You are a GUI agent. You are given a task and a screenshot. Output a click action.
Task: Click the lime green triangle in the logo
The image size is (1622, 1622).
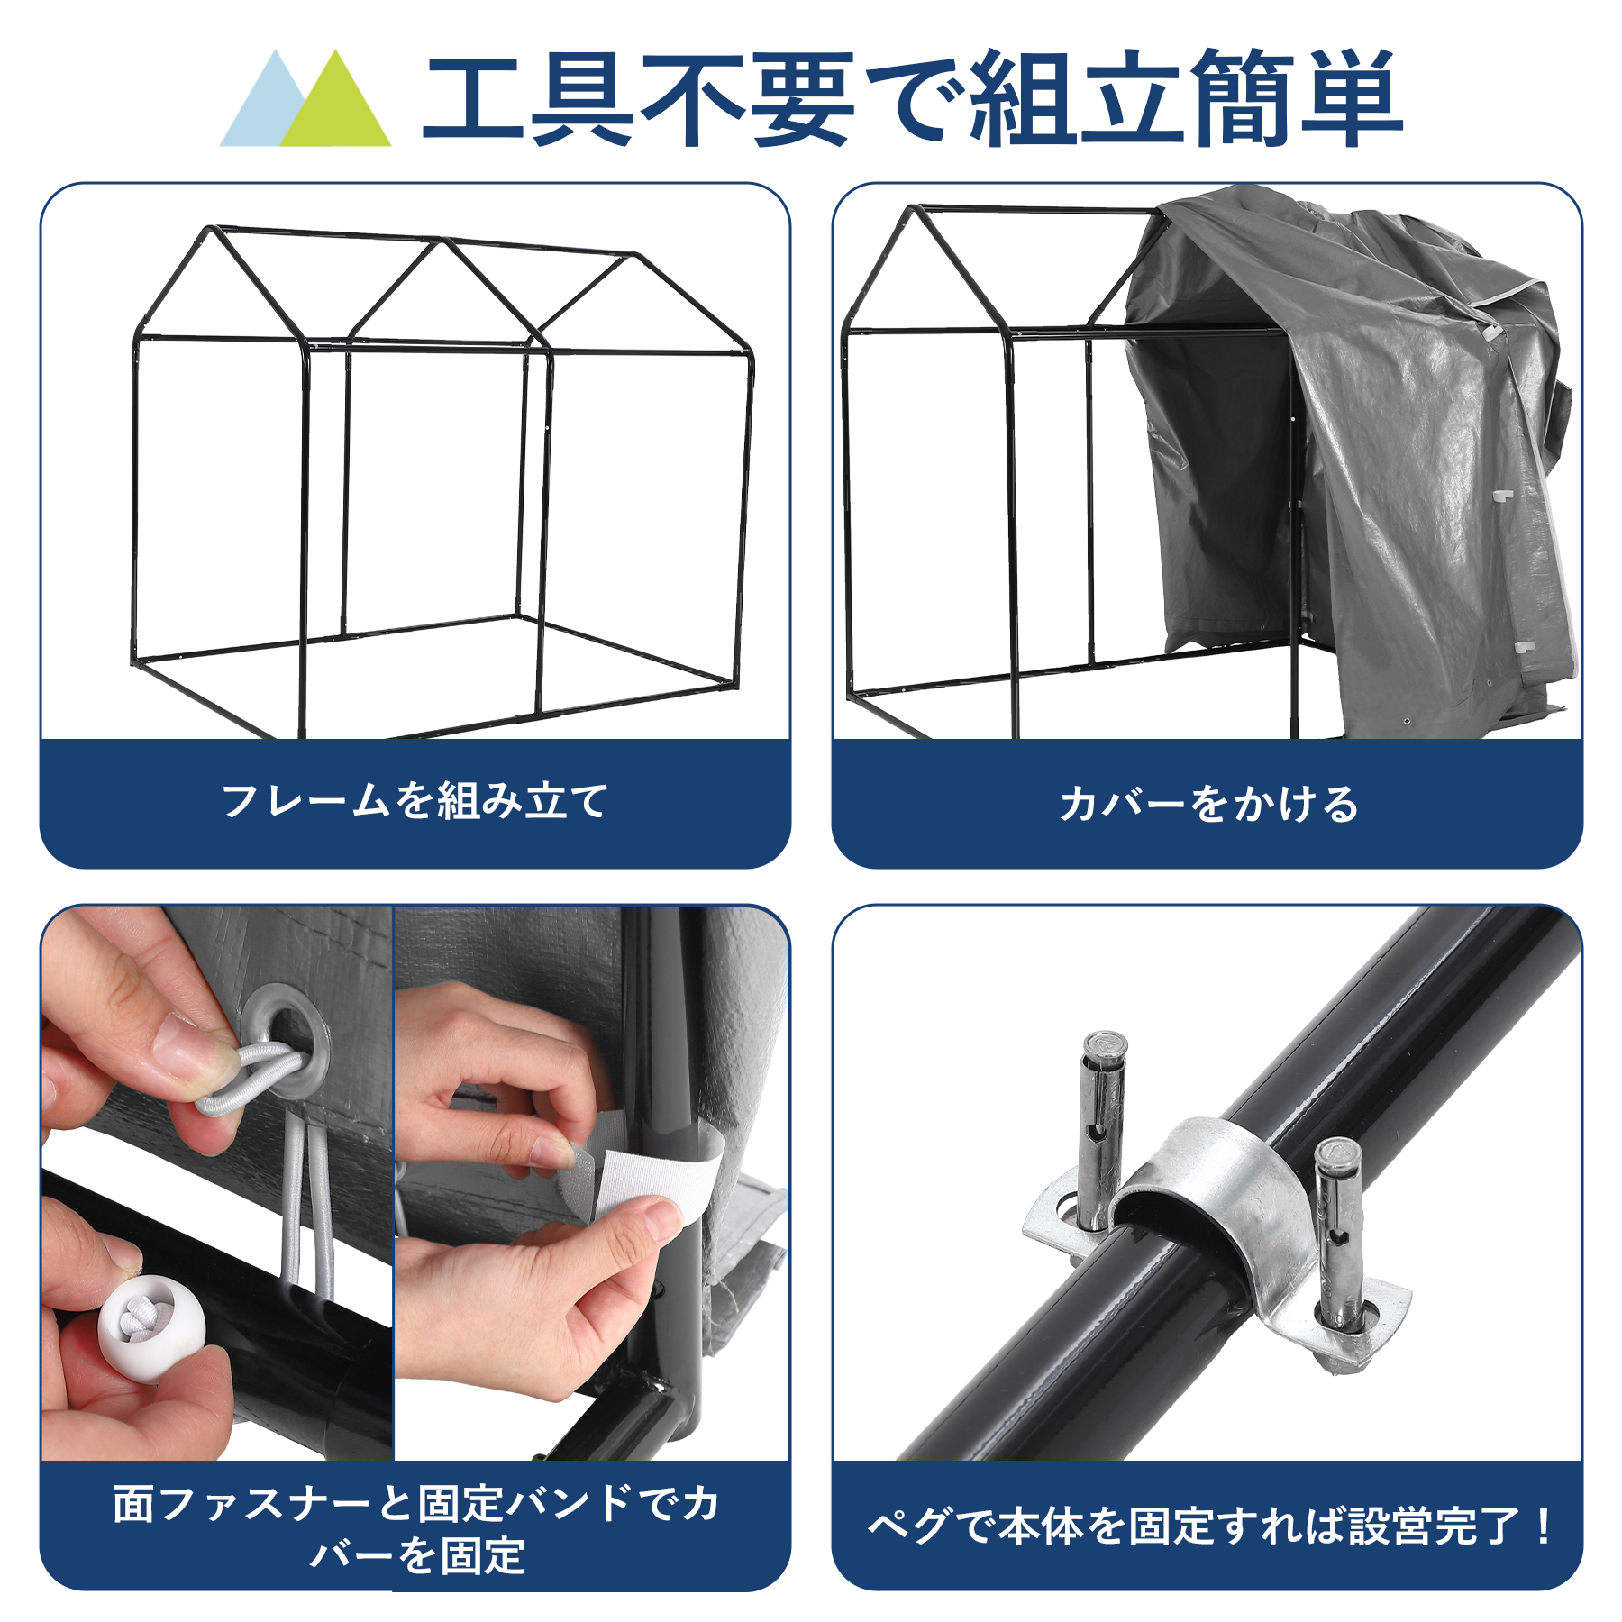336,106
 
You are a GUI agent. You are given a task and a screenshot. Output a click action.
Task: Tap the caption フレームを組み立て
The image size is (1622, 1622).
415,801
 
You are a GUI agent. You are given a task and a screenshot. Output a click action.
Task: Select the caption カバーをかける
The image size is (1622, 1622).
1208,804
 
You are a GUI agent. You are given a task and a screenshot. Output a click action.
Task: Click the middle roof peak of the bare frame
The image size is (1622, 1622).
442,241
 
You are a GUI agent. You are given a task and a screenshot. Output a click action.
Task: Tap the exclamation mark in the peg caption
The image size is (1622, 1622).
1544,1526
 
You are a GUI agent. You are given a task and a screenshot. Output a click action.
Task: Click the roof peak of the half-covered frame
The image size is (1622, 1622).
916,209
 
